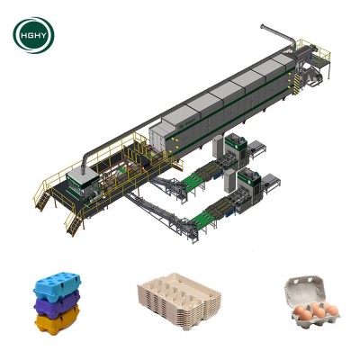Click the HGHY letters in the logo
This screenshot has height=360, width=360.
33,35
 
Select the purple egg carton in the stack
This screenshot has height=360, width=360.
57,304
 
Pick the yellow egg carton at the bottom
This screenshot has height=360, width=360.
57,321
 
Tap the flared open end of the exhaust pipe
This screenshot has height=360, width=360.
263,27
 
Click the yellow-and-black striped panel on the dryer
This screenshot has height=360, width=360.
297,85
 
